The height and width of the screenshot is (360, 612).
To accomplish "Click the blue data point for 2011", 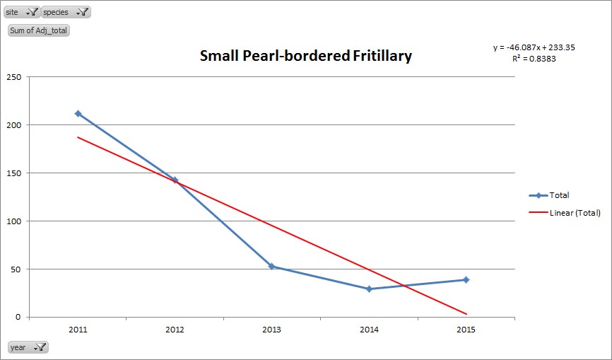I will pos(78,113).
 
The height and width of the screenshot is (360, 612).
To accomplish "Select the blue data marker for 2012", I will pos(175,180).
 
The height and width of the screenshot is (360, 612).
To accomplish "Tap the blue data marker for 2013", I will pos(271,267).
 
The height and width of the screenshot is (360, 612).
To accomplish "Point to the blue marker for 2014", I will pos(369,289).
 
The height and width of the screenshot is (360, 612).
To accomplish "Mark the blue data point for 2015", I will pos(466,279).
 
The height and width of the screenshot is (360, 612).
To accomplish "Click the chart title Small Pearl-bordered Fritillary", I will pos(305,56).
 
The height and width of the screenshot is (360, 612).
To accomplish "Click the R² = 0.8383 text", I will pos(534,59).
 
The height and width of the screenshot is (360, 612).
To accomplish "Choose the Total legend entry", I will pos(559,195).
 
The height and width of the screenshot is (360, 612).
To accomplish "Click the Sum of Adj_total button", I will pos(39,30).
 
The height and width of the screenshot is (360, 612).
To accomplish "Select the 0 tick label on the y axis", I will pos(18,317).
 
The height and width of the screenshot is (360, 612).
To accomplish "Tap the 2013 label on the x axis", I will pos(271,330).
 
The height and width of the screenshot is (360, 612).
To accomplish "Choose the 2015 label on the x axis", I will pos(466,330).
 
